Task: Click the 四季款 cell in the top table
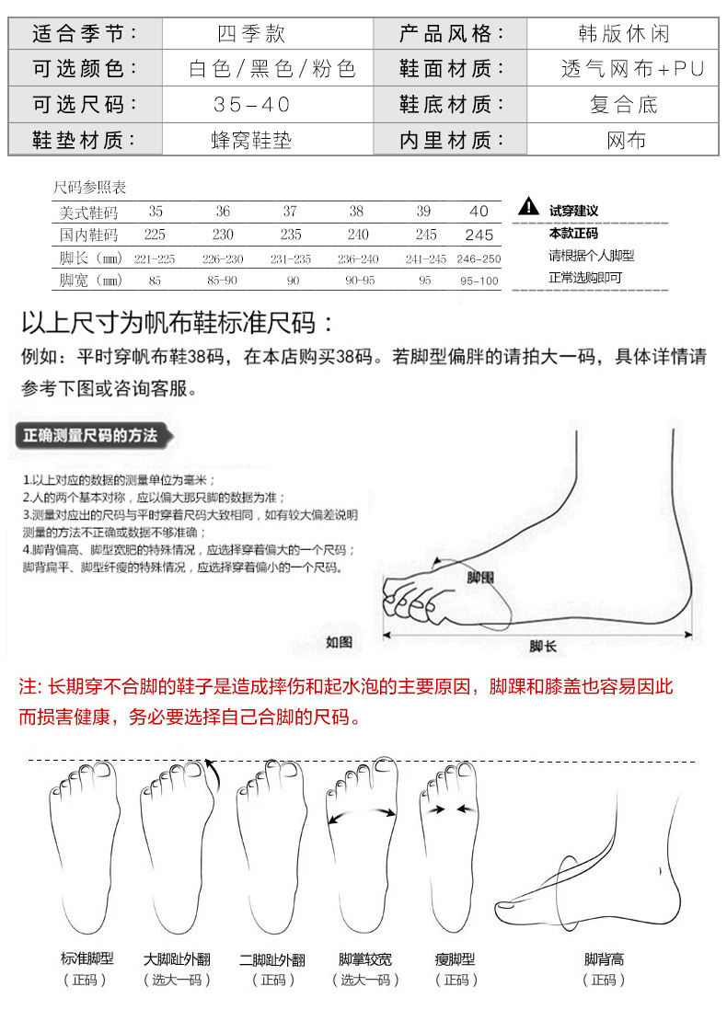pyautogui.click(x=251, y=35)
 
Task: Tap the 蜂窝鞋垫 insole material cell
pyautogui.click(x=251, y=141)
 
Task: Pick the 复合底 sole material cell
pyautogui.click(x=624, y=105)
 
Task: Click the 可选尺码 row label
pyautogui.click(x=85, y=105)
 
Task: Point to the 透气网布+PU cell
pyautogui.click(x=625, y=70)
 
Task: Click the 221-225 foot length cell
pyautogui.click(x=155, y=258)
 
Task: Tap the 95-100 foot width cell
pyautogui.click(x=479, y=281)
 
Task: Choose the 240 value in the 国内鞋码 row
pyautogui.click(x=357, y=235)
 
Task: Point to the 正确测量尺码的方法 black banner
pyautogui.click(x=90, y=435)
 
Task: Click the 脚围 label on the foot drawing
pyautogui.click(x=480, y=578)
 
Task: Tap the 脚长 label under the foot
pyautogui.click(x=543, y=647)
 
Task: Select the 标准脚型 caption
pyautogui.click(x=87, y=959)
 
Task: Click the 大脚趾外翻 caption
pyautogui.click(x=177, y=959)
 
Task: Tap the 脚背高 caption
pyautogui.click(x=604, y=959)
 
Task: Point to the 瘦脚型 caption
pyautogui.click(x=456, y=959)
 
